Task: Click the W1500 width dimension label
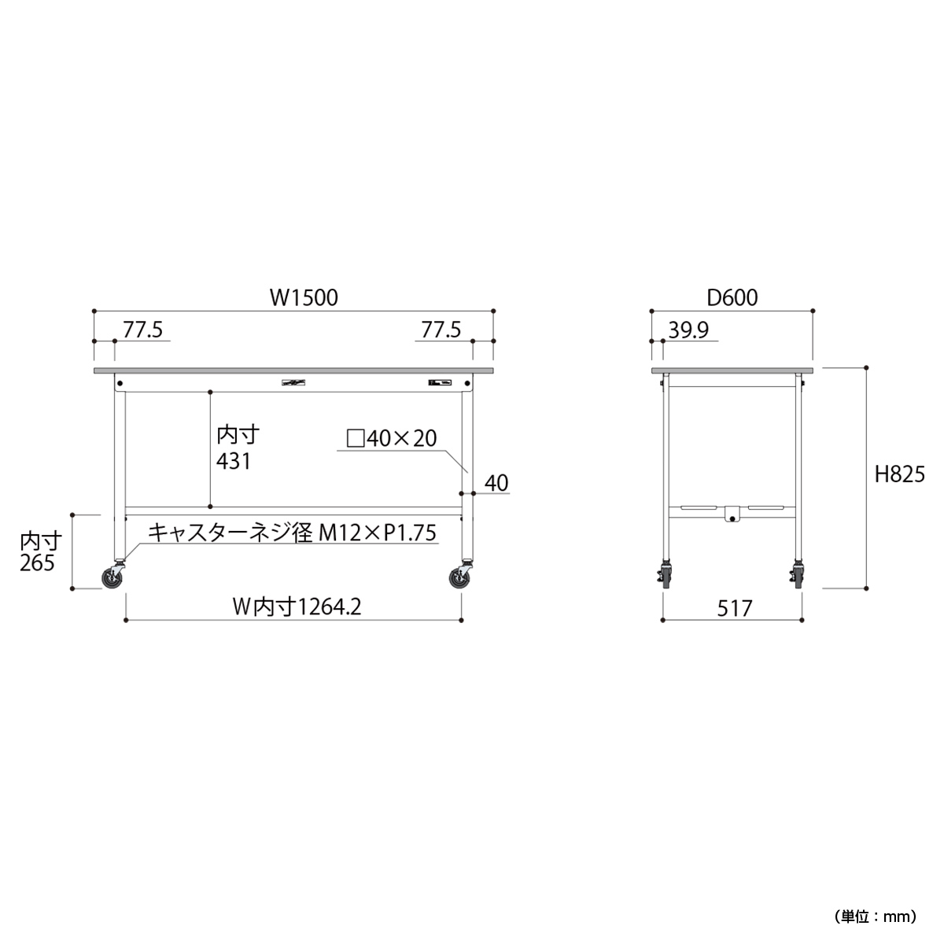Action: point(304,298)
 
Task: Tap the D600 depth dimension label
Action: point(732,298)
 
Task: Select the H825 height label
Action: point(899,474)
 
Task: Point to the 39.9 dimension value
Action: point(688,330)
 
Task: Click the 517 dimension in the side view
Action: point(734,608)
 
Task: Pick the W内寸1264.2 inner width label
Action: point(297,607)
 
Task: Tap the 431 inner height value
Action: point(234,461)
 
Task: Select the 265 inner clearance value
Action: point(37,563)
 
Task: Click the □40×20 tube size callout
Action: point(392,438)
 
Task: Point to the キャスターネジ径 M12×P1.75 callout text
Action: point(292,533)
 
